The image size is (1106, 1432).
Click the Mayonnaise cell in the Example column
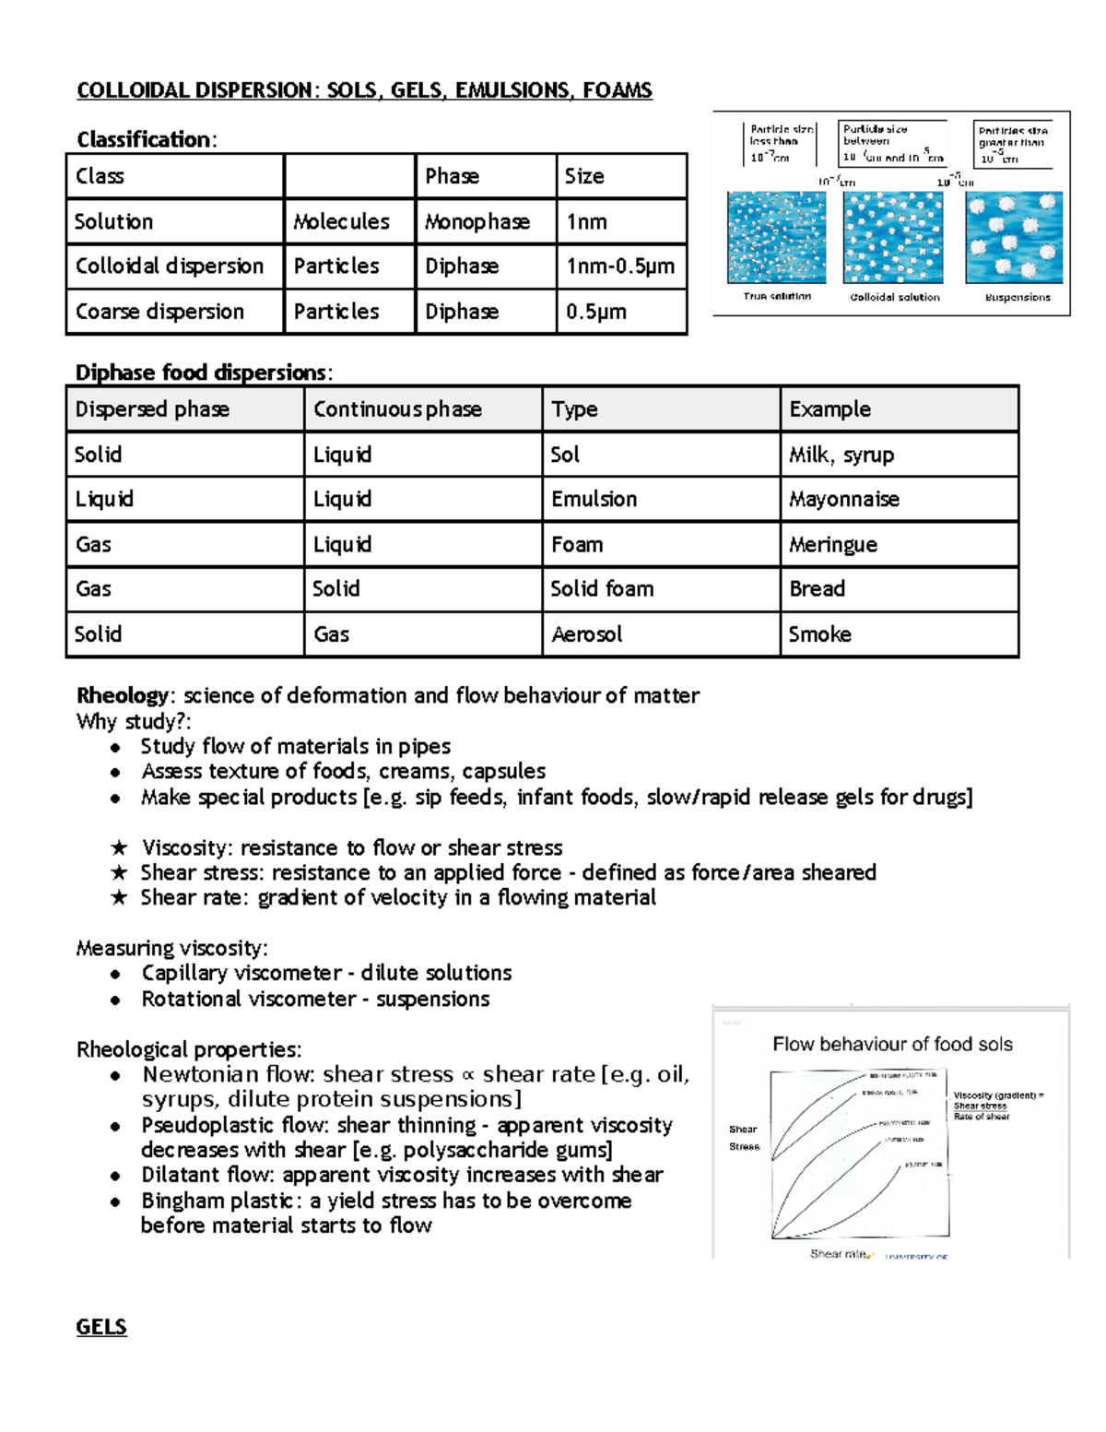(843, 499)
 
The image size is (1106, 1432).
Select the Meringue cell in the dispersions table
(832, 544)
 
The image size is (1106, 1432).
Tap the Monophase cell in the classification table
(477, 221)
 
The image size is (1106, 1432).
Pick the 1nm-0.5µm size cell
(619, 266)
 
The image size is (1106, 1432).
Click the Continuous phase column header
(397, 408)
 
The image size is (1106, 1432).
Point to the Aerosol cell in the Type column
(586, 633)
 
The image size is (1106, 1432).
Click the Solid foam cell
(602, 588)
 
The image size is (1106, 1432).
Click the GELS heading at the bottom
(100, 1327)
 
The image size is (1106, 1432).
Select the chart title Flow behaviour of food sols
(891, 1044)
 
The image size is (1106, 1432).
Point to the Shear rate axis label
(838, 1254)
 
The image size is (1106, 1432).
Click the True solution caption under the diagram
(777, 297)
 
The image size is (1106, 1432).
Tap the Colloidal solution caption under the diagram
(894, 297)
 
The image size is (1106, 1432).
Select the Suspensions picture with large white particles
(1014, 238)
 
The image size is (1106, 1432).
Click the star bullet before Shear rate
(118, 897)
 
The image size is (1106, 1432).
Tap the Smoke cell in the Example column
(819, 633)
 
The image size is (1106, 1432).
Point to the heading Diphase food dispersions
(201, 373)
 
